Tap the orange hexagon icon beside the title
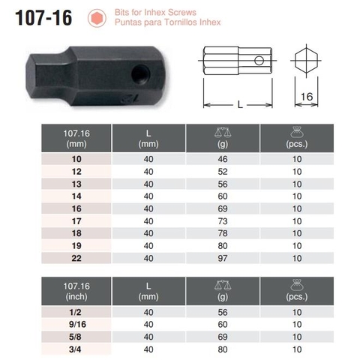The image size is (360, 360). click(96, 17)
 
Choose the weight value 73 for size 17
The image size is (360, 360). click(223, 221)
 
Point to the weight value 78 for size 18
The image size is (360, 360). click(223, 233)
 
